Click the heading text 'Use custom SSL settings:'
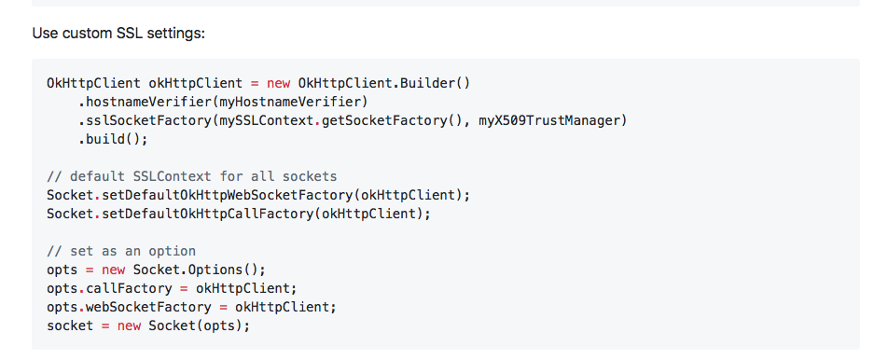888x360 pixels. [118, 34]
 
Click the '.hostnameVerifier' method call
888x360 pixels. [145, 102]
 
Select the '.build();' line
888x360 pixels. [113, 139]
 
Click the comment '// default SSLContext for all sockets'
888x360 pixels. [191, 176]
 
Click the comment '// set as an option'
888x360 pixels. [121, 251]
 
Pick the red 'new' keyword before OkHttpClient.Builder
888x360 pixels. [278, 83]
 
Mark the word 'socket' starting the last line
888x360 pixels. [70, 325]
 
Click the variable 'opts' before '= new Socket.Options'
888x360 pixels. [62, 270]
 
